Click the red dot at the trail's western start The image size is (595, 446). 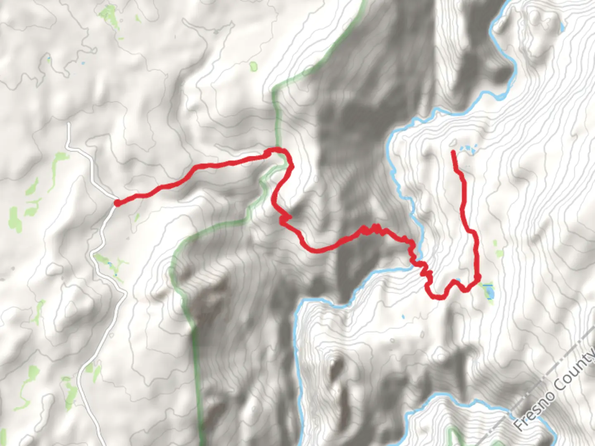click(117, 203)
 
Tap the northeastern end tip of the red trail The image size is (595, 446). click(453, 152)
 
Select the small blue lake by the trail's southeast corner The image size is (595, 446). click(489, 292)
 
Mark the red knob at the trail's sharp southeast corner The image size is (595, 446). click(478, 277)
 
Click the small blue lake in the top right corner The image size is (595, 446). click(562, 28)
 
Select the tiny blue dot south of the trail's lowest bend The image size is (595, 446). click(403, 317)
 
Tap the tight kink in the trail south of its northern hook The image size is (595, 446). click(284, 218)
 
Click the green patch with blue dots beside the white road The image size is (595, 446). click(111, 264)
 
